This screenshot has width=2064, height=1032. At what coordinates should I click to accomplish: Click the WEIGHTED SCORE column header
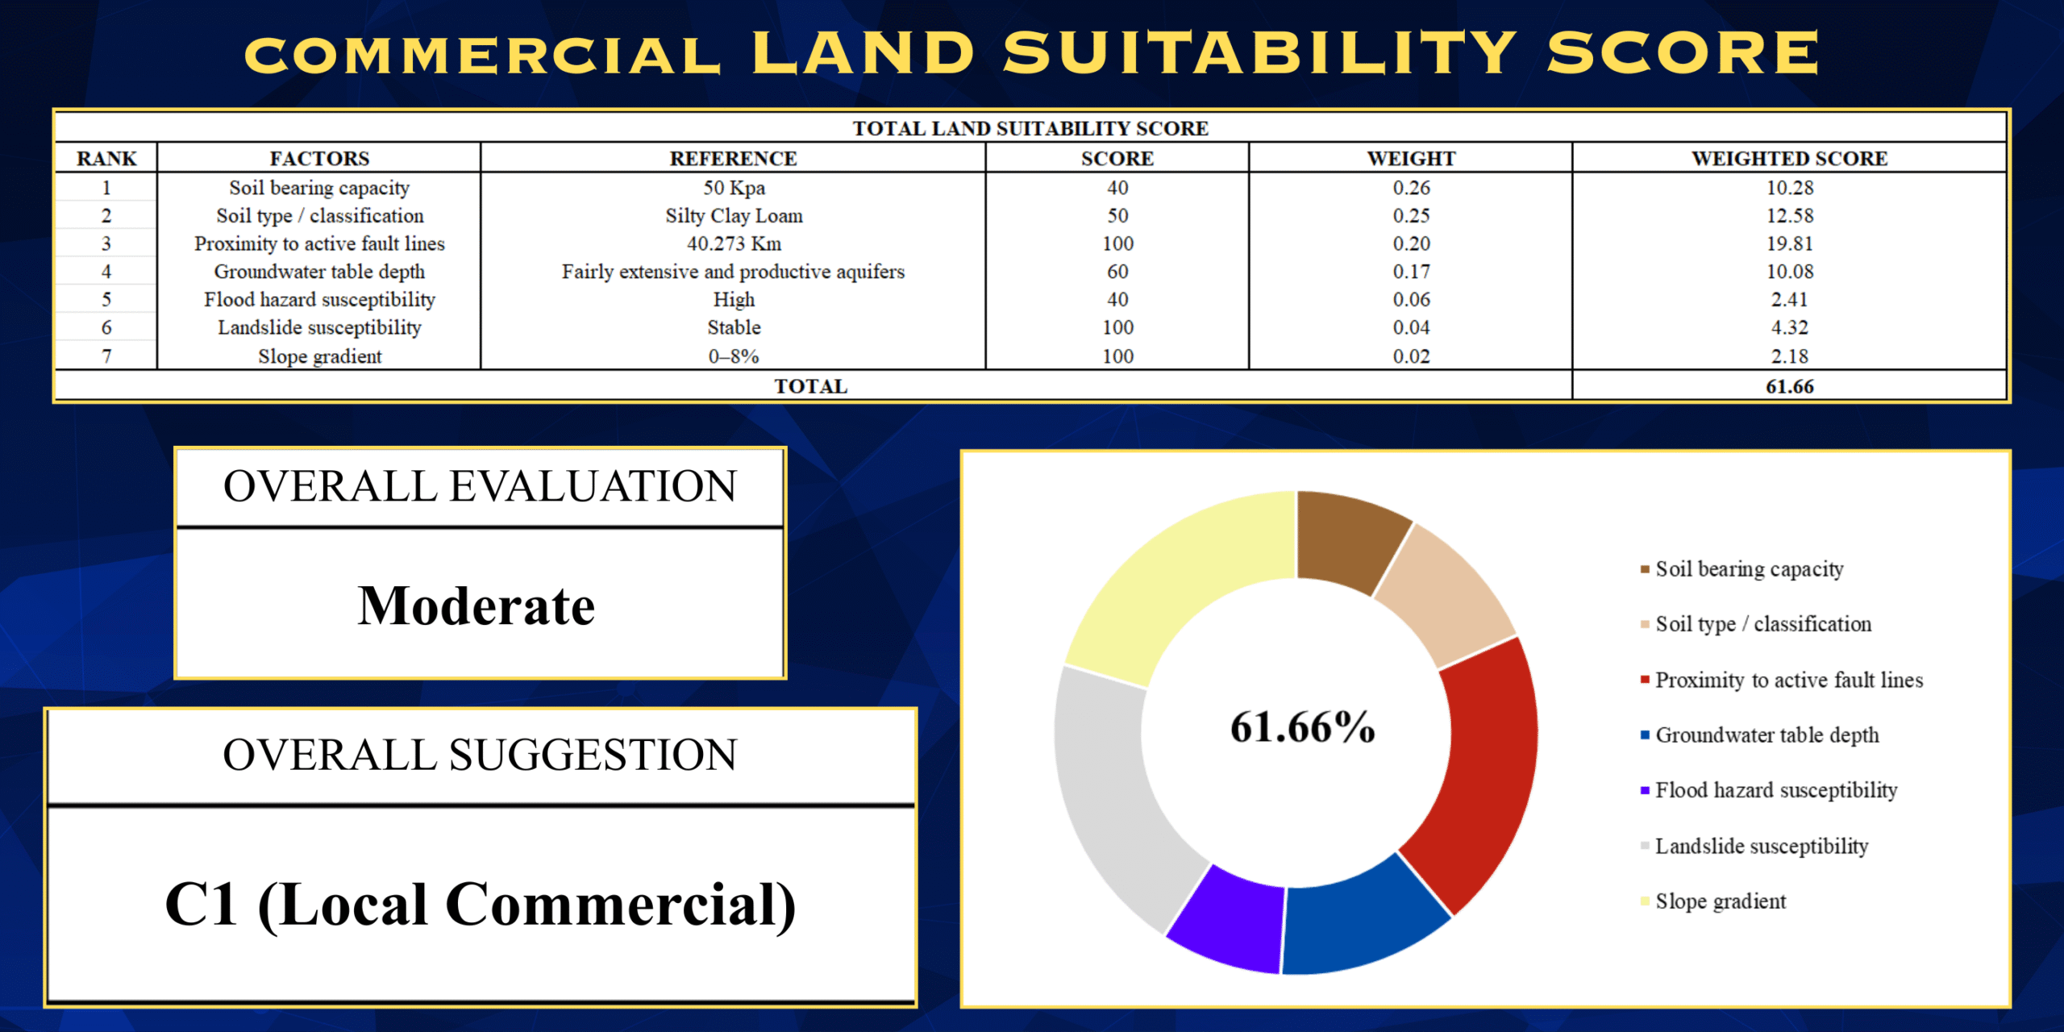pos(1789,158)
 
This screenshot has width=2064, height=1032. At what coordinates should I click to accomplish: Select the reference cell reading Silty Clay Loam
pos(734,215)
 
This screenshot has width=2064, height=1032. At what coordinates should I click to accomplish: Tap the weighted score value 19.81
pos(1789,243)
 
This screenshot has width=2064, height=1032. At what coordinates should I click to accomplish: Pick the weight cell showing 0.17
pos(1411,272)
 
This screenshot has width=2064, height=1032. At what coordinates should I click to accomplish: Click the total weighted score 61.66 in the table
pos(1789,386)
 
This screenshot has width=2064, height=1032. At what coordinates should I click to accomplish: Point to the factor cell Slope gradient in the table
pos(319,356)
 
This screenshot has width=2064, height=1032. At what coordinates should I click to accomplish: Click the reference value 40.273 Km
pos(734,243)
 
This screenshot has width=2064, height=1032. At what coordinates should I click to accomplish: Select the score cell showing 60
pos(1117,272)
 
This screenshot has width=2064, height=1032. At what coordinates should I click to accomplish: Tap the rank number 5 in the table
pos(106,300)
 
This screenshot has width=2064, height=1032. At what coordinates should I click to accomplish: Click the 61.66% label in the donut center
pos(1302,727)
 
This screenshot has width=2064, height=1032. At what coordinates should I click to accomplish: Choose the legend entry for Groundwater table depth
pos(1766,735)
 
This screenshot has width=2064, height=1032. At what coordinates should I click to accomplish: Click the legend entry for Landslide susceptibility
pos(1762,846)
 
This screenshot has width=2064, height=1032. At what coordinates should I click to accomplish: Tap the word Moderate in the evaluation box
pos(476,606)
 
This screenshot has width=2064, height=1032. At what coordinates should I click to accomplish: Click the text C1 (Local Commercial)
pos(481,905)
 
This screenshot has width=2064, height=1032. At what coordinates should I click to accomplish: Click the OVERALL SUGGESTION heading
pos(481,755)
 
